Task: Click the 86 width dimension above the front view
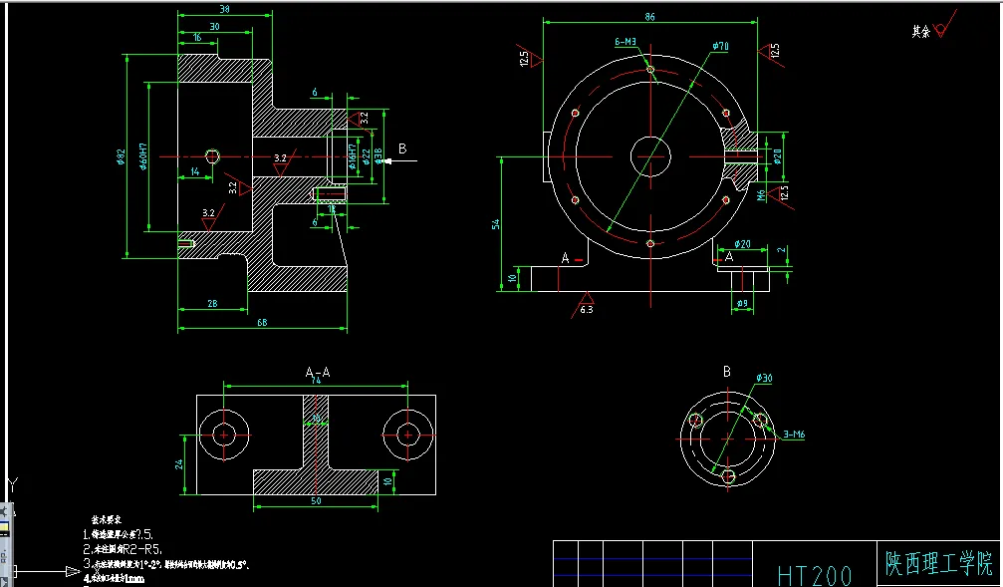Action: point(649,17)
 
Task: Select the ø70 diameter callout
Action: point(720,46)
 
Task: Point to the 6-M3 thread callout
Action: point(627,42)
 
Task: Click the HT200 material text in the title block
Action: point(815,575)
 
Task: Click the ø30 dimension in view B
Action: point(764,379)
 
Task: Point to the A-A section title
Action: point(317,372)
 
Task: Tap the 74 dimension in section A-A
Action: point(317,381)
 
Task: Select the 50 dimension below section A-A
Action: point(316,501)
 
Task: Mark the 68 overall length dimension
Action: point(262,322)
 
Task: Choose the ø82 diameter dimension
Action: point(122,156)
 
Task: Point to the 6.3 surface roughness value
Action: point(587,310)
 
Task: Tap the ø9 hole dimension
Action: point(742,303)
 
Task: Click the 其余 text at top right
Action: point(920,32)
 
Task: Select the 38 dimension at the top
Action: point(224,9)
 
